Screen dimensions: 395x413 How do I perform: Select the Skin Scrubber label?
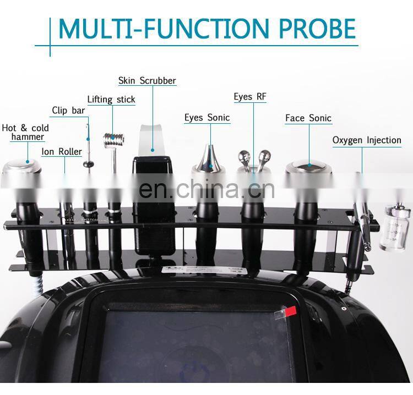pos(147,81)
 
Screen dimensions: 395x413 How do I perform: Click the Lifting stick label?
pos(111,100)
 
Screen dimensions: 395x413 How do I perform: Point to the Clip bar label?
pos(68,111)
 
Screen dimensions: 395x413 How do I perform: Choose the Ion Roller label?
pos(62,151)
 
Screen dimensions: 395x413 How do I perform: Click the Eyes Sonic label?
pos(206,117)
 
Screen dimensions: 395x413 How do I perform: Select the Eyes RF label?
pos(249,97)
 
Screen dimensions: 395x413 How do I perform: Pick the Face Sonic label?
pos(308,118)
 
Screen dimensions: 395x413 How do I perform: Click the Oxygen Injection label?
pos(366,140)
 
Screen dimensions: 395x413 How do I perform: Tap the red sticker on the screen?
pos(290,312)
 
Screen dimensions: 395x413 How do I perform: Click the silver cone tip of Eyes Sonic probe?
pos(207,158)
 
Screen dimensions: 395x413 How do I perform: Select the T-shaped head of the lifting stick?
pos(114,138)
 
